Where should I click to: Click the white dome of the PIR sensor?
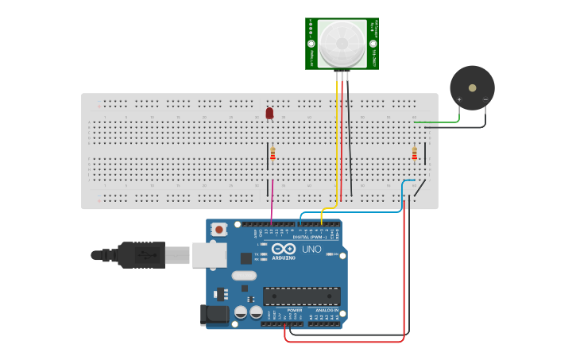point(342,43)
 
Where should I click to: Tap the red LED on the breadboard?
point(269,114)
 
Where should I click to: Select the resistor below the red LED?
point(273,153)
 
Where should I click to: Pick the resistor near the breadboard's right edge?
point(414,153)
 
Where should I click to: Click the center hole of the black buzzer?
point(472,87)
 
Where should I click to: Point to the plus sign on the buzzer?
point(459,99)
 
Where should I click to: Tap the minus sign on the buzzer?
point(485,99)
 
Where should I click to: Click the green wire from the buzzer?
point(445,122)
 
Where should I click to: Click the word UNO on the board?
point(311,250)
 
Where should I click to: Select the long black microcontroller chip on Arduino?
point(302,296)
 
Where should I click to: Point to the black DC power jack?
point(215,315)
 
